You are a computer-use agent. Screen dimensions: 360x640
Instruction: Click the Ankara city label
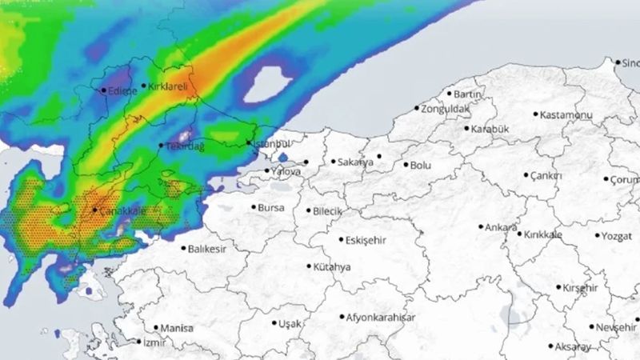coord(502,227)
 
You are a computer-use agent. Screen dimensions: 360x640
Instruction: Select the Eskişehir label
coord(366,240)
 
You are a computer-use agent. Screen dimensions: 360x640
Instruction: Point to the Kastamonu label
coord(566,115)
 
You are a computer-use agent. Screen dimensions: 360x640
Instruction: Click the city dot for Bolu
coord(405,165)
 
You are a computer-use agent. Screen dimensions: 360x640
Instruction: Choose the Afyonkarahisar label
coord(381,318)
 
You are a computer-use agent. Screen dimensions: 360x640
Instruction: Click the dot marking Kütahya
coord(310,266)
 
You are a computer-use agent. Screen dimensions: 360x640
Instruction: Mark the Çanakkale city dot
coord(95,210)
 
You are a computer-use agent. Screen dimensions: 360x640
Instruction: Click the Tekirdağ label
coord(186,146)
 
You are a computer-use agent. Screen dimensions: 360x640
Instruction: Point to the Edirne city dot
coord(103,90)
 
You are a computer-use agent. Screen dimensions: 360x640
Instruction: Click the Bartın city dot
coord(450,94)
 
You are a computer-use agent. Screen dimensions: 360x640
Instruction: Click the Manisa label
coord(177,328)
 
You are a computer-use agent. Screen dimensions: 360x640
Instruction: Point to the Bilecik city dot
coord(309,211)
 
